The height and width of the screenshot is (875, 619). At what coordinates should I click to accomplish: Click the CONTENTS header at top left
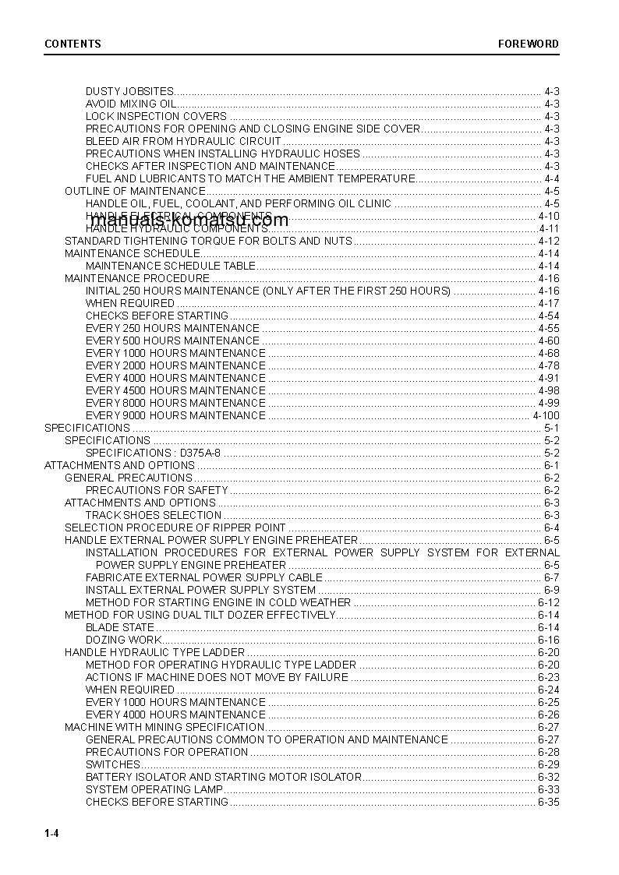(x=73, y=44)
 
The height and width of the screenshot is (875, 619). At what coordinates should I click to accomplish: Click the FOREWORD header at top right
(x=529, y=44)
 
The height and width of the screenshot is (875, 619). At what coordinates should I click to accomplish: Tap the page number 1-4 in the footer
(x=52, y=834)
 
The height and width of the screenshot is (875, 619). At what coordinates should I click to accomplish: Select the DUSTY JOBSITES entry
(x=129, y=91)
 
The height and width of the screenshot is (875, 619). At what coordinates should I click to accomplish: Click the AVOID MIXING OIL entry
(x=131, y=104)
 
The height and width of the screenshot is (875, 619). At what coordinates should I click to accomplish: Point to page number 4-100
(x=546, y=415)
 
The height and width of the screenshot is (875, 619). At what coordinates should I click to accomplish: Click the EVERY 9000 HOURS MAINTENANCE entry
(x=175, y=415)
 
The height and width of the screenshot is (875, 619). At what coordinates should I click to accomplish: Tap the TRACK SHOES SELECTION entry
(x=154, y=515)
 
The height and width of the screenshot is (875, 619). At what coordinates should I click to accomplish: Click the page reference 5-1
(x=551, y=428)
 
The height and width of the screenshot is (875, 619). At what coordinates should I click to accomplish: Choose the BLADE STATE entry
(x=120, y=627)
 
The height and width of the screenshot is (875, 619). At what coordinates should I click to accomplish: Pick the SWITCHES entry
(x=112, y=764)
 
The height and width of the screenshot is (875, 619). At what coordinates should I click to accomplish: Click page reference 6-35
(x=548, y=802)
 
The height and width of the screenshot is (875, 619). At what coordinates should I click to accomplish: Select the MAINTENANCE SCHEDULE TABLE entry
(x=170, y=266)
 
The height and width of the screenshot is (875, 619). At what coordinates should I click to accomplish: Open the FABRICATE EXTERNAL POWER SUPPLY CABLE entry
(x=203, y=577)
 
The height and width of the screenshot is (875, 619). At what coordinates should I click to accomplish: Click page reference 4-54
(x=548, y=316)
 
